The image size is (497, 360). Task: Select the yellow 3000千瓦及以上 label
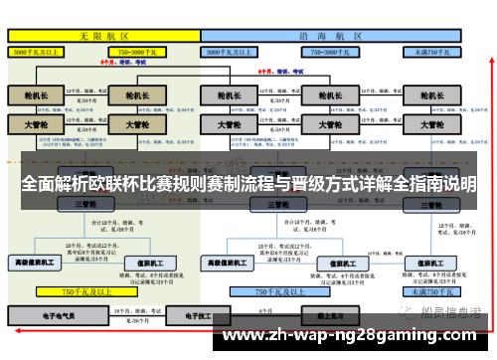click(x=37, y=50)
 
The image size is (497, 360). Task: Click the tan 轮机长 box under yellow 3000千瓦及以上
click(x=36, y=96)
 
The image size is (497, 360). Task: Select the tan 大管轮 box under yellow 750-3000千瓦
click(x=131, y=125)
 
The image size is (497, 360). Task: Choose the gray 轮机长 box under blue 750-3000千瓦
click(x=331, y=96)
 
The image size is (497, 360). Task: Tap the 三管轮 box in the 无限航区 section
click(x=84, y=204)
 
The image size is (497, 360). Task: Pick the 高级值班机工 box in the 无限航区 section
click(x=37, y=263)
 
